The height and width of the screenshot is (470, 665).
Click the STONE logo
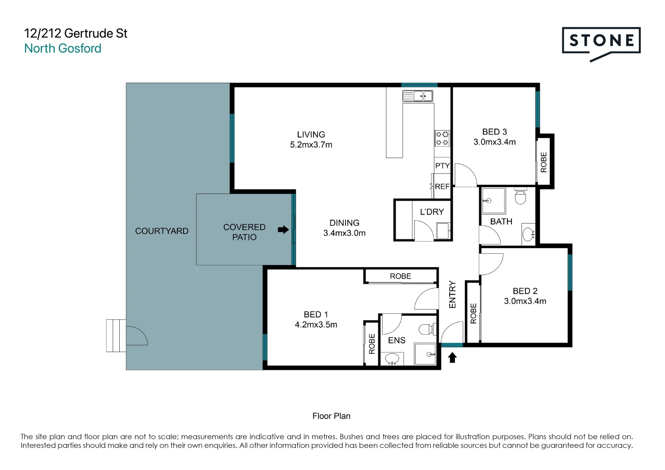[x=601, y=41]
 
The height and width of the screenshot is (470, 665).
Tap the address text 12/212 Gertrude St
[x=76, y=34]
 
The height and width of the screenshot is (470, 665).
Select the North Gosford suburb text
[x=63, y=48]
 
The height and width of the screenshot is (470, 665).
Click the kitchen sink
[x=417, y=96]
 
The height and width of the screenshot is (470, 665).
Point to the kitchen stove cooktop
[x=442, y=138]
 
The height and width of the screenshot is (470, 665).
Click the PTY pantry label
[x=442, y=166]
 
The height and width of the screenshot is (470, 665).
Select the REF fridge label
[x=442, y=186]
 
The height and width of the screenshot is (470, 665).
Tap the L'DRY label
[x=432, y=212]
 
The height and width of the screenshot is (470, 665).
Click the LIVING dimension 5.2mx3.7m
[x=311, y=145]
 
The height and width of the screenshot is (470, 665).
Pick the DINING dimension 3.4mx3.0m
[x=344, y=233]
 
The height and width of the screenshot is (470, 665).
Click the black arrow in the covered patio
[x=283, y=229]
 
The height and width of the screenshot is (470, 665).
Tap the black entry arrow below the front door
[x=453, y=358]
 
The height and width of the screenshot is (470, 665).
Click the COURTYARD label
[x=161, y=231]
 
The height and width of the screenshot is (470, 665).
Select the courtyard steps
[x=116, y=336]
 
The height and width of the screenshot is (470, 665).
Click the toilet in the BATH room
[x=520, y=197]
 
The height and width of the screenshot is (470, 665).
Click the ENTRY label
[x=452, y=295]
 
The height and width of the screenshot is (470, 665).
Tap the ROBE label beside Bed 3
[x=544, y=162]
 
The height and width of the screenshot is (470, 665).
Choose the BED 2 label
[x=525, y=291]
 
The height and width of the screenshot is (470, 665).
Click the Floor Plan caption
[x=331, y=416]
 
